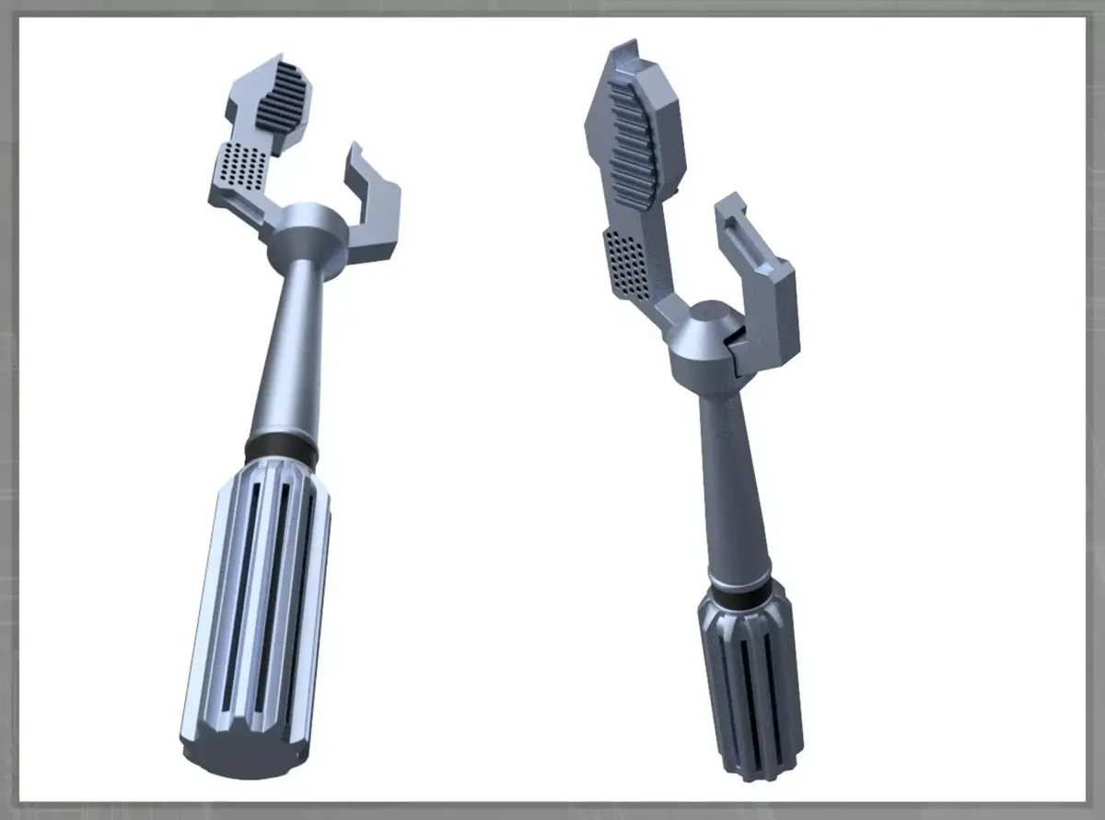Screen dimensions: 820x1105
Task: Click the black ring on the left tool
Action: (282, 452)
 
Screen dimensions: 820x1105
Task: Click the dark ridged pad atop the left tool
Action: (282, 98)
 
